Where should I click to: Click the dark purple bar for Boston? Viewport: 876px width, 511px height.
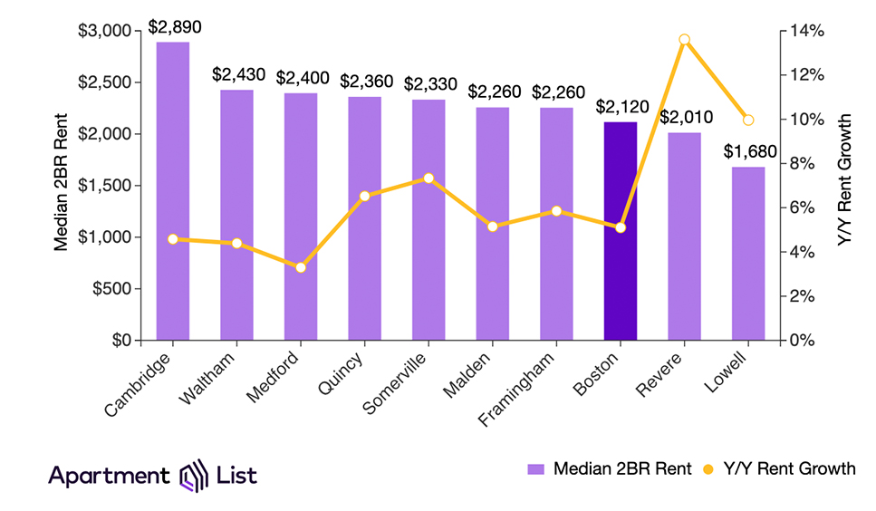pos(620,231)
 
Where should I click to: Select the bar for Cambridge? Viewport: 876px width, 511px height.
pos(172,191)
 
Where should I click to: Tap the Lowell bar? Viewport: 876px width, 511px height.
pos(747,254)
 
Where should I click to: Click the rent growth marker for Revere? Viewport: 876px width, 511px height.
pos(684,40)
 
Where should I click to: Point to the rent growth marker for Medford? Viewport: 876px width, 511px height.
pos(301,267)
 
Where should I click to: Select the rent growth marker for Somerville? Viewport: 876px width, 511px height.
pos(428,178)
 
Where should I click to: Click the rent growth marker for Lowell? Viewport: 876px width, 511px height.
pos(747,120)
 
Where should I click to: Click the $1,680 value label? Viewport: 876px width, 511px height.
pos(747,150)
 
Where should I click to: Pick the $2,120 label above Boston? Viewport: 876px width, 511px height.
pos(620,106)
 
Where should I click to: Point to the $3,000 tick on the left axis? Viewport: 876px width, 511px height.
pos(109,31)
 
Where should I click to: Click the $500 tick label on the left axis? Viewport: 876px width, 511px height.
pos(116,289)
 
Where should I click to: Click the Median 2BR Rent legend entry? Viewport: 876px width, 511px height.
pos(609,468)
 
